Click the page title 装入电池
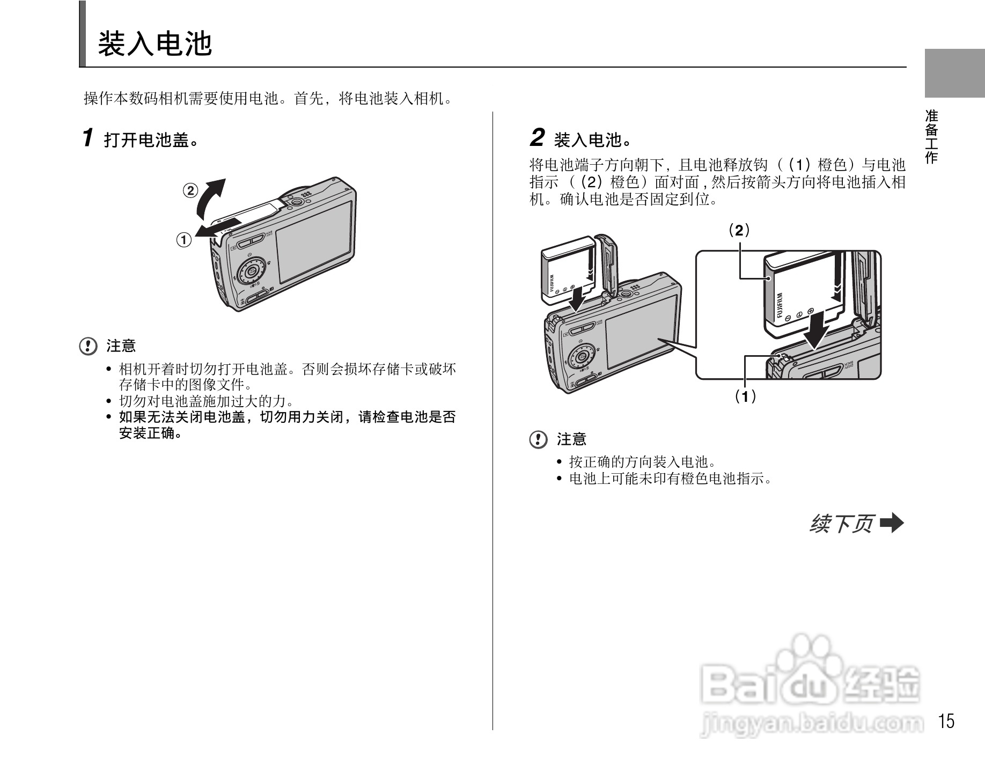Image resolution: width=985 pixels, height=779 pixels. pyautogui.click(x=155, y=44)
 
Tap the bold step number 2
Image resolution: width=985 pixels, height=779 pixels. pyautogui.click(x=537, y=138)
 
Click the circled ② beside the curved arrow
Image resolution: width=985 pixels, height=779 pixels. pyautogui.click(x=190, y=190)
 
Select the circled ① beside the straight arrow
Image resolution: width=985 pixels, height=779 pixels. pyautogui.click(x=184, y=239)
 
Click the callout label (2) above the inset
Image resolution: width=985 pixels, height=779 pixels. pyautogui.click(x=739, y=231)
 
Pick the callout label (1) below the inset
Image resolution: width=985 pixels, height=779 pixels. pyautogui.click(x=745, y=397)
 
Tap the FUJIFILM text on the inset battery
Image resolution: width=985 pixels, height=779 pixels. pyautogui.click(x=779, y=306)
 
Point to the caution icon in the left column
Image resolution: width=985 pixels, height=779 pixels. pyautogui.click(x=89, y=346)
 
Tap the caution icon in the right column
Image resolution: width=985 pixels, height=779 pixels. pyautogui.click(x=538, y=440)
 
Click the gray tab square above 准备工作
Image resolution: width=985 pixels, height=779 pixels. pyautogui.click(x=954, y=73)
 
